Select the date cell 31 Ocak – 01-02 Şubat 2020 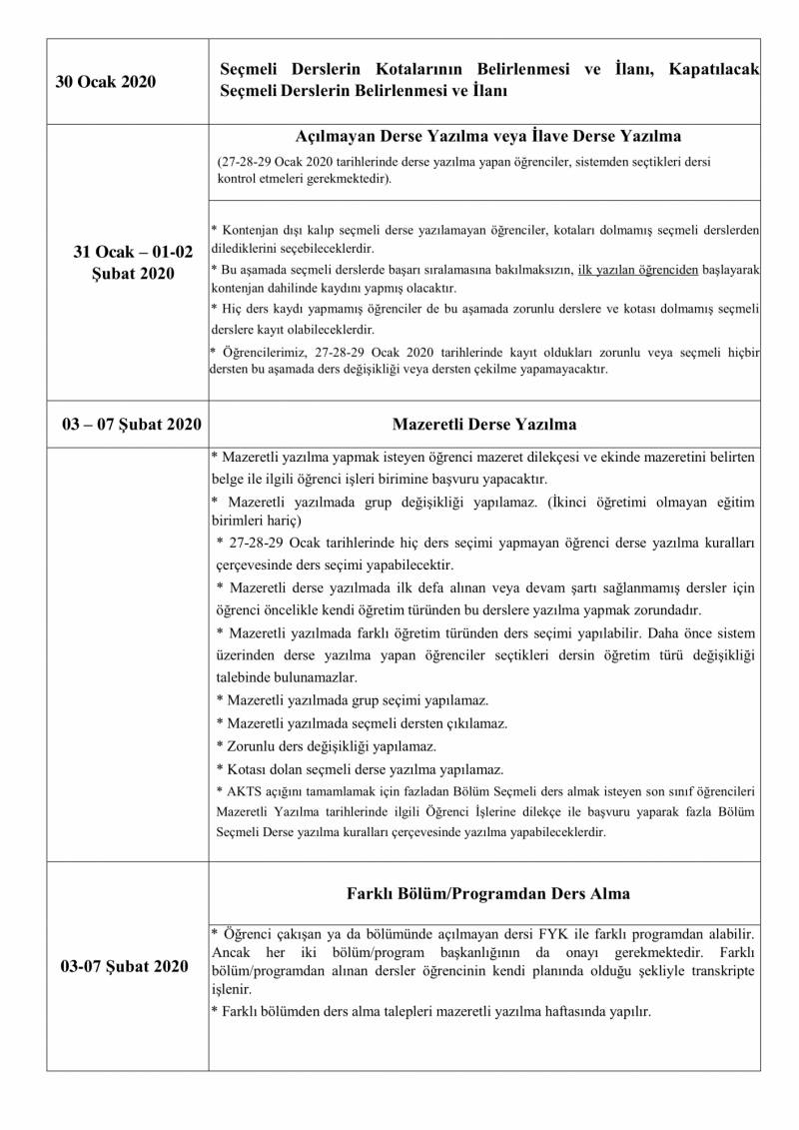[126, 263]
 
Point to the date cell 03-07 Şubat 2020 [124, 966]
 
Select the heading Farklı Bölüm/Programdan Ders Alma [487, 893]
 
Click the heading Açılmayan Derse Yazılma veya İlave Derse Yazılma [488, 136]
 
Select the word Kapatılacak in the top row [715, 70]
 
